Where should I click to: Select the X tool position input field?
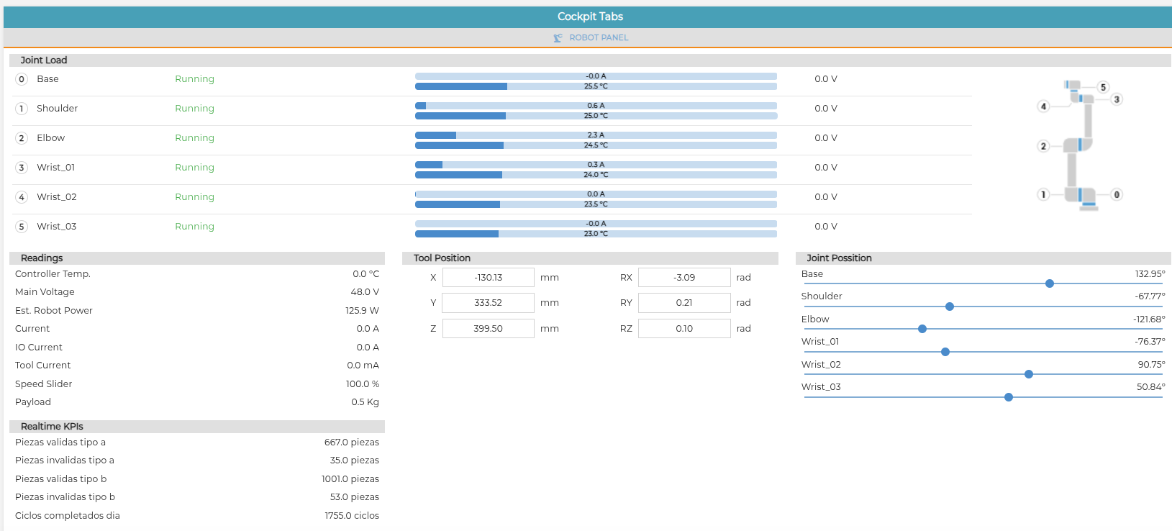point(489,277)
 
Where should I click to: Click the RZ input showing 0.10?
point(683,329)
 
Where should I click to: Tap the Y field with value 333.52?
point(489,303)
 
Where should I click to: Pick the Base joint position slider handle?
point(1050,283)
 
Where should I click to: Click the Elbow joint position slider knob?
point(922,329)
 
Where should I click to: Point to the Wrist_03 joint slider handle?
point(1009,398)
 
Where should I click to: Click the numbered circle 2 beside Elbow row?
point(22,138)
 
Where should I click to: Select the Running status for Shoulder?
point(195,109)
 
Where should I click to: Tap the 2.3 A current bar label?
point(596,135)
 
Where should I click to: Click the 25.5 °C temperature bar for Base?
point(596,86)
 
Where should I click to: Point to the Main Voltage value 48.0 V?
point(365,292)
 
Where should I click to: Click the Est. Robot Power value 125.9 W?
point(362,310)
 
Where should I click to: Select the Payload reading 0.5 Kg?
point(365,401)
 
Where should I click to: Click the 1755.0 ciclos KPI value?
point(352,515)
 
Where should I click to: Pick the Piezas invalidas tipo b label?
point(65,497)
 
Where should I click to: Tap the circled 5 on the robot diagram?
point(1103,87)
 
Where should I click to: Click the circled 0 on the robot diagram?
point(1117,194)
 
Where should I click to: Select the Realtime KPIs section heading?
point(52,427)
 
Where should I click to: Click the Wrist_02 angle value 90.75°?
point(1151,365)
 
